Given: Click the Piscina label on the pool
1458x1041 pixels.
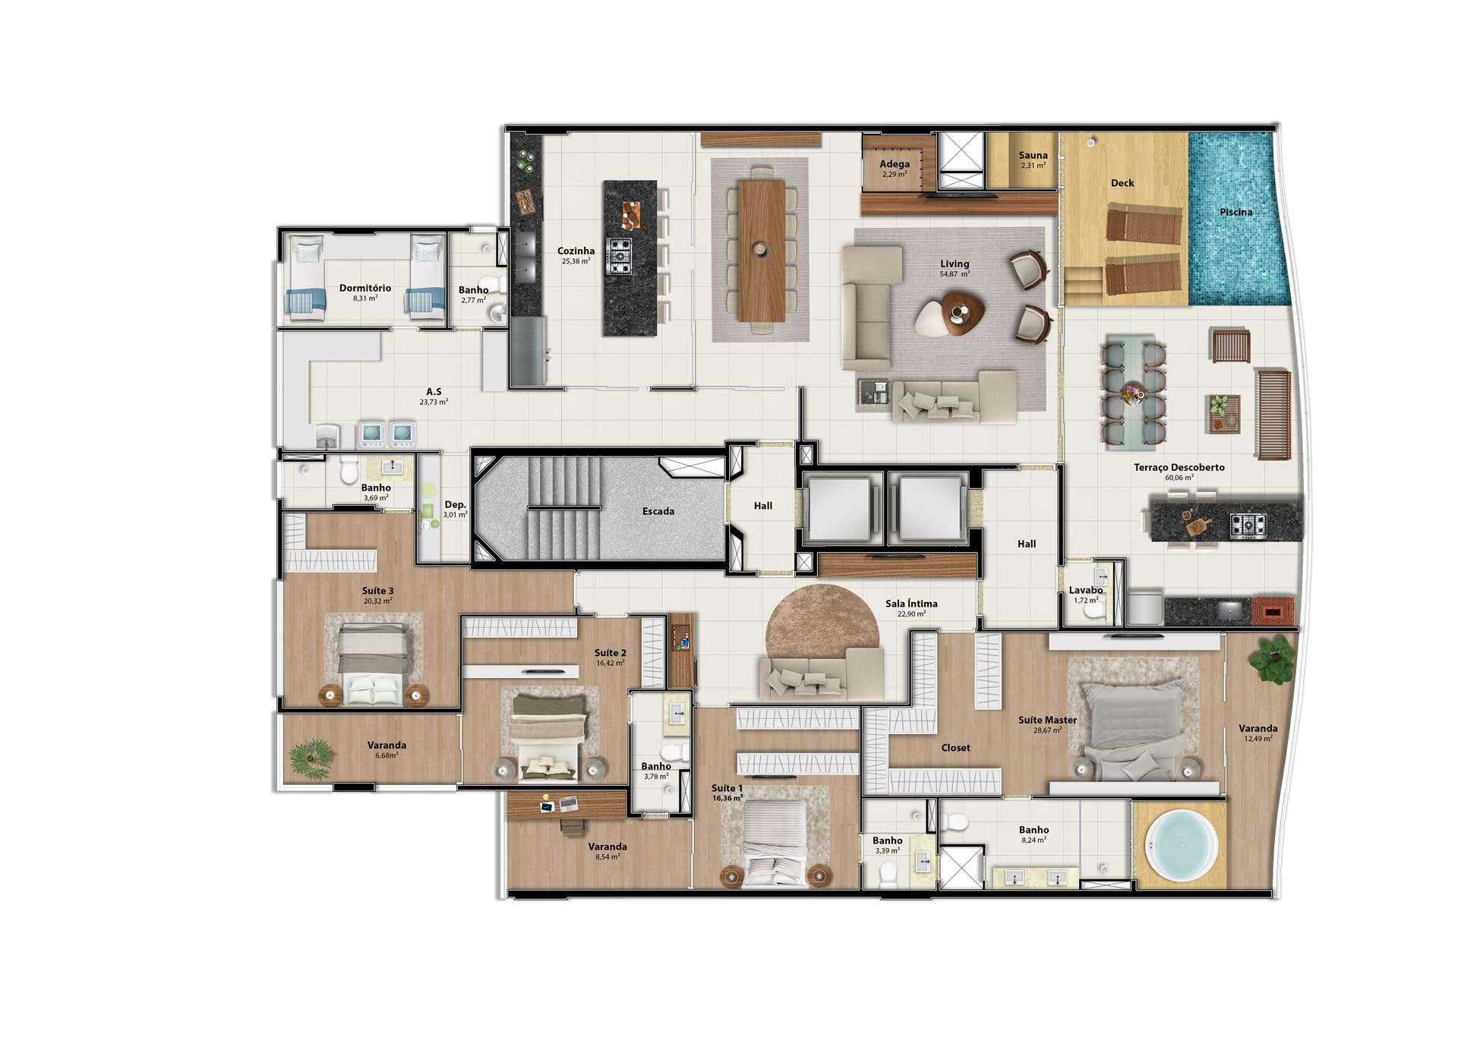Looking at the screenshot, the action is point(1236,212).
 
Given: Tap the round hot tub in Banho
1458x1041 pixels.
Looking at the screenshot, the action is point(1181,845).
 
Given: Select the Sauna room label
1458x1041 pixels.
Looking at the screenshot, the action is point(1034,155).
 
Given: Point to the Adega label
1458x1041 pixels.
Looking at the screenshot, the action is point(895,164).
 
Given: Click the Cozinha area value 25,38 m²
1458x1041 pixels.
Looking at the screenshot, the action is point(576,261).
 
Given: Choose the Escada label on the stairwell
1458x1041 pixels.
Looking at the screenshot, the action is point(658,511).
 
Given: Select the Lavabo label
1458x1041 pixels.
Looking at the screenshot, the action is point(1086,590).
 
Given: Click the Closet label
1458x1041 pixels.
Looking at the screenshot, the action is point(955,748).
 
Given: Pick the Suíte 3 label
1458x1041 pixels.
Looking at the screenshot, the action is point(377,591).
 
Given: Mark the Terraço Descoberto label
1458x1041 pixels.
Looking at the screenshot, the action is point(1179,468).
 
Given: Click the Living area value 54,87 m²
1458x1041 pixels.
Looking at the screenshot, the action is point(955,274).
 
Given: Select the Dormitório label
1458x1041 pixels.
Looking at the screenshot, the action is point(365,289).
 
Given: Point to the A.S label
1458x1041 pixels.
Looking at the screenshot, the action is point(434,392).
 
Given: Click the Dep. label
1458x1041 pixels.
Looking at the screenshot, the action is point(455,505).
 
